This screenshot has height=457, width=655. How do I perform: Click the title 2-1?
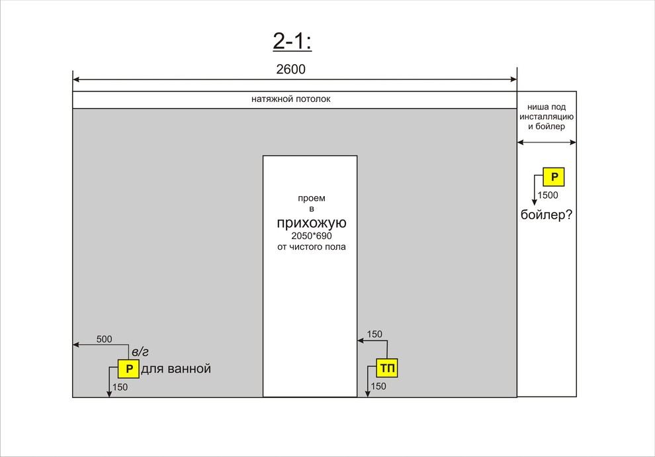coord(292,41)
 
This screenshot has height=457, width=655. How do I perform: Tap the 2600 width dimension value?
coord(290,70)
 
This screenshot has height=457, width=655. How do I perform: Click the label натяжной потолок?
coord(290,99)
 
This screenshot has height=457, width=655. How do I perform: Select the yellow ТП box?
coord(387,368)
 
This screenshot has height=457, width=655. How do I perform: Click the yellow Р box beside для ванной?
coord(128,369)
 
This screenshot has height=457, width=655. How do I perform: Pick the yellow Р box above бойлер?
coord(554,177)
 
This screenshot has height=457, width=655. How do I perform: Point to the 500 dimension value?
coord(104,339)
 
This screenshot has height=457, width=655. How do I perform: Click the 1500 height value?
coord(548,195)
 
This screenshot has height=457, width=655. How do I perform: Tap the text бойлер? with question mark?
coord(546,215)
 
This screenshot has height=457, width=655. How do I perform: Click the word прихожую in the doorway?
coord(312,223)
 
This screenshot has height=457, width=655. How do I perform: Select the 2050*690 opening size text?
coord(312,236)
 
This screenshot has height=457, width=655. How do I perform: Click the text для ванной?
coord(176,369)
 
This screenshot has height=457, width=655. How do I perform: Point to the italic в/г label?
coord(140,352)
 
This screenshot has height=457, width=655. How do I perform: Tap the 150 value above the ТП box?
coord(374,334)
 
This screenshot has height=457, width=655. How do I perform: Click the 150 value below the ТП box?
coord(378,386)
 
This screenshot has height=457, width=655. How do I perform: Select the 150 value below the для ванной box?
coord(120,387)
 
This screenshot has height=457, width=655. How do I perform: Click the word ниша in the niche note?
coord(535,107)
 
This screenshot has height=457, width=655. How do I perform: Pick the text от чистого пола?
coord(312,246)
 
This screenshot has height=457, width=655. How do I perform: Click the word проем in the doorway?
coord(312,198)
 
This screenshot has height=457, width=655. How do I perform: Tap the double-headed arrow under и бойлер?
coord(546,142)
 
